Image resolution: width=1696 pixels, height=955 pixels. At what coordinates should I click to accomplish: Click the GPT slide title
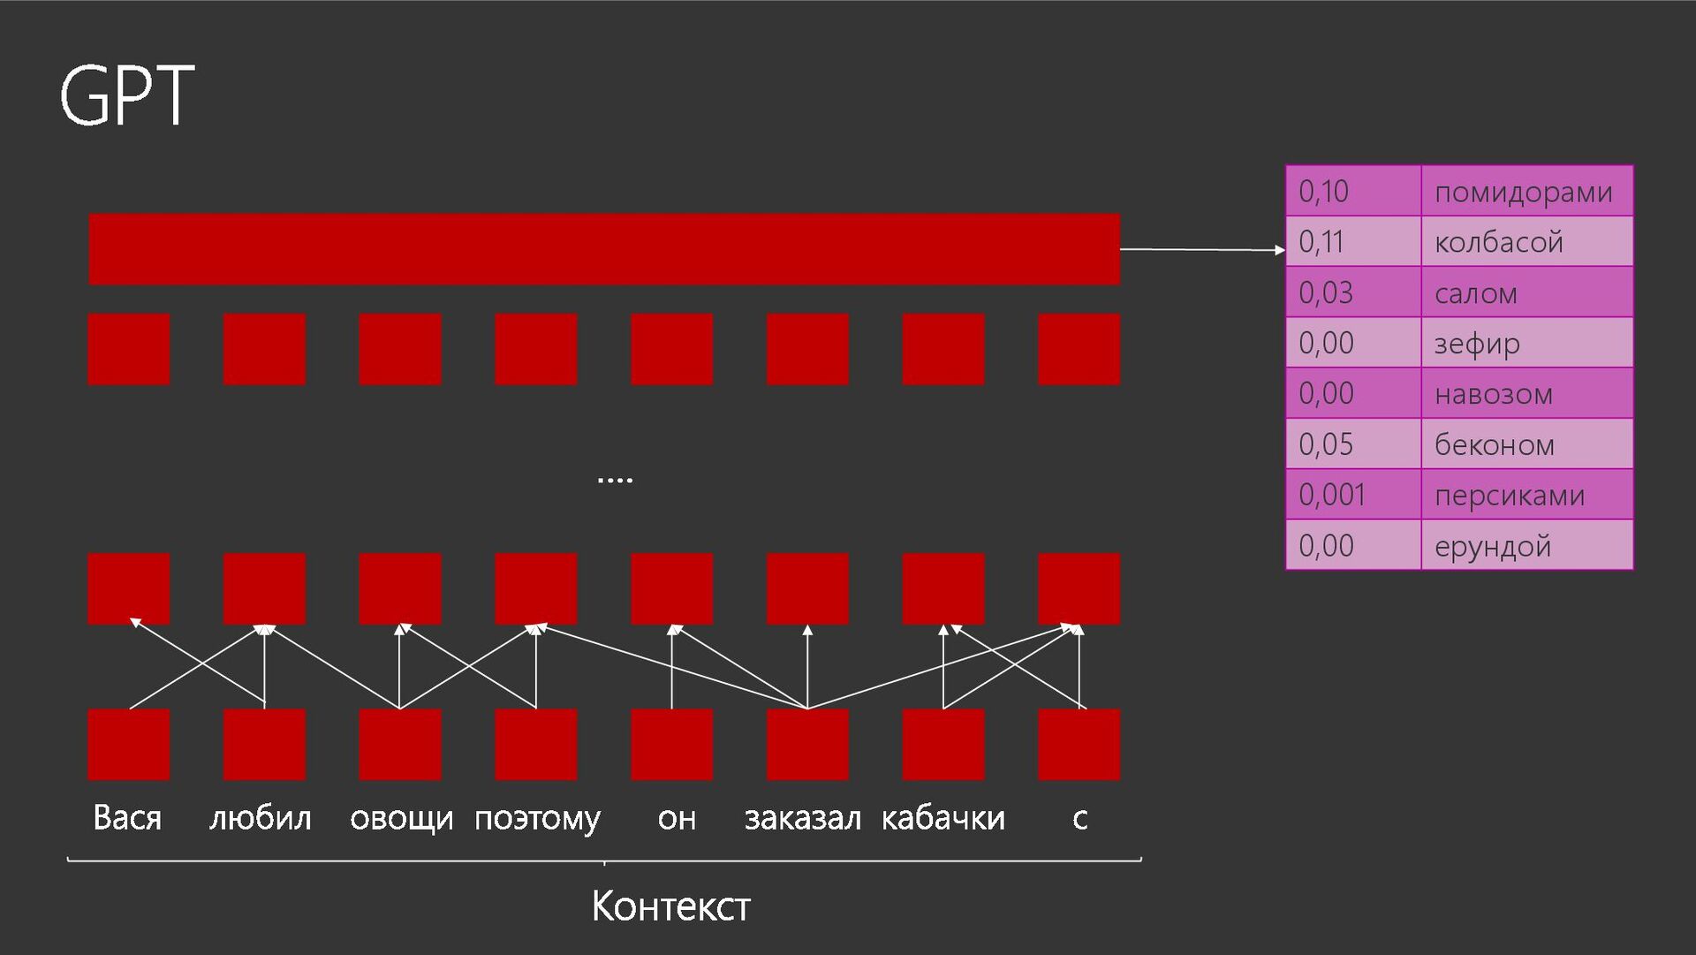(127, 95)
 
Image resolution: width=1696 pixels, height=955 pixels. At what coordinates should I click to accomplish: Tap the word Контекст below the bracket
(670, 906)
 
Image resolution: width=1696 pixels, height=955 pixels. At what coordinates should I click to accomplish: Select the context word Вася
(127, 818)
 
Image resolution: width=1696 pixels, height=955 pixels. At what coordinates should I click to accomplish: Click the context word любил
(261, 818)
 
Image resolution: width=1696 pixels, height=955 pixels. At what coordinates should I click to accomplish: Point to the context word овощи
(401, 818)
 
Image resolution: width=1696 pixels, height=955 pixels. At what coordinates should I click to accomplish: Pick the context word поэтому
(537, 818)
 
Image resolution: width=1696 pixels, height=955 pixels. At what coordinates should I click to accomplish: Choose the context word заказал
(802, 818)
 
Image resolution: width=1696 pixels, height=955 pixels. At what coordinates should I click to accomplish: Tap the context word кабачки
(943, 818)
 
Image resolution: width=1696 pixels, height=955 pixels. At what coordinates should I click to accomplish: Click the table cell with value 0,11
(1352, 241)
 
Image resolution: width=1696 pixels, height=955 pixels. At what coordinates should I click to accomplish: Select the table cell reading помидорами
(1526, 191)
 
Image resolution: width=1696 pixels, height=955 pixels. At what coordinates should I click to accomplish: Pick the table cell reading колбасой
(1526, 241)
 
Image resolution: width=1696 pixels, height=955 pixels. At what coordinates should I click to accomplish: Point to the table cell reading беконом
(1526, 444)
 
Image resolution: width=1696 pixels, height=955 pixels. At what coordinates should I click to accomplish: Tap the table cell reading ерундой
(1526, 546)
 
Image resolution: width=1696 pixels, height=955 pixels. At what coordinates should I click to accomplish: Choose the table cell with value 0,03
(1352, 292)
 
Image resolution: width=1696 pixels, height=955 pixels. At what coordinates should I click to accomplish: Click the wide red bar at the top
(604, 249)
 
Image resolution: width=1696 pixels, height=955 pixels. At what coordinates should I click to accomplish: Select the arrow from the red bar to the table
(1201, 250)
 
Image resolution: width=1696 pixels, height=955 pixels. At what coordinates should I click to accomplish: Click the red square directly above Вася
(129, 744)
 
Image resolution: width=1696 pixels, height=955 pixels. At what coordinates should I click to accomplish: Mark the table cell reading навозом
(1526, 393)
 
